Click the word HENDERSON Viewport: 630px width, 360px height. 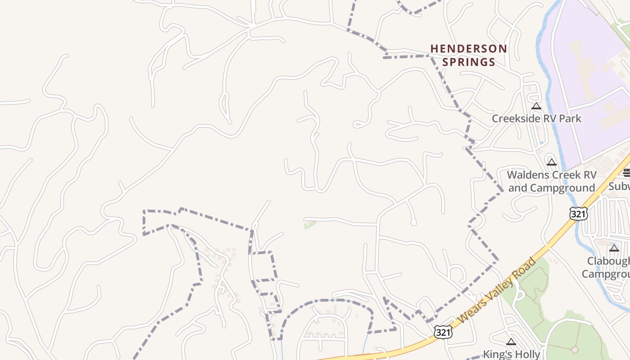468,49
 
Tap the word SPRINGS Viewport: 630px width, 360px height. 468,62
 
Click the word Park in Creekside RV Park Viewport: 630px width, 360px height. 570,119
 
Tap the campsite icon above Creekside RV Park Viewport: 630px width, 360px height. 536,106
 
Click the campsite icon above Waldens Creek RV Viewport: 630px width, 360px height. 552,162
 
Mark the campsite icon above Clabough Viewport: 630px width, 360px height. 614,248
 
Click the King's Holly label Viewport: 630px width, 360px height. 511,354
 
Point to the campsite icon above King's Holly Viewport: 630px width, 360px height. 511,342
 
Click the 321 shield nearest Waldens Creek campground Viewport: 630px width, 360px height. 578,214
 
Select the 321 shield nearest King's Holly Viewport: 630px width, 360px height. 443,332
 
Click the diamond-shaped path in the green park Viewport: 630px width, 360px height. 574,349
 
